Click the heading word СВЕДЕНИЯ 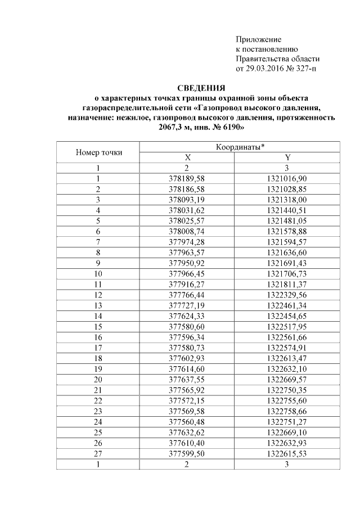(x=201, y=88)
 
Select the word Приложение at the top (x=258, y=39)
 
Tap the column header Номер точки (x=98, y=152)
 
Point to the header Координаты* (x=240, y=147)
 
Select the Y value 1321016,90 (x=287, y=178)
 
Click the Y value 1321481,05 (x=287, y=219)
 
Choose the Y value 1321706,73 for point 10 (x=287, y=272)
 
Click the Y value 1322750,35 (x=287, y=389)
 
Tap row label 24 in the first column (x=98, y=421)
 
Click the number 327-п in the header (x=308, y=69)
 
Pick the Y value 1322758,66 (x=287, y=410)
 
